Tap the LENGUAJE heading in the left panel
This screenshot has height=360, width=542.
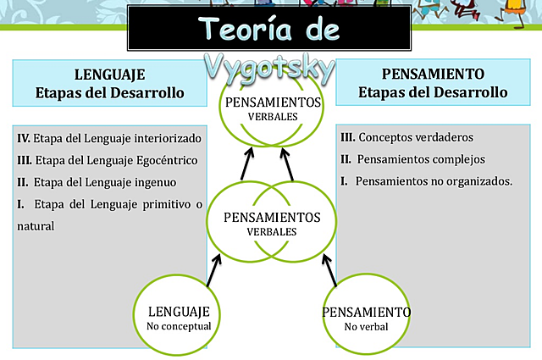110,74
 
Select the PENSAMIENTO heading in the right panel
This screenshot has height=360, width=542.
433,74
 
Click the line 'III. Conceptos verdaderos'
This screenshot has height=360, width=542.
406,137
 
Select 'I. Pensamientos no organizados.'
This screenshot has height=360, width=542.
425,181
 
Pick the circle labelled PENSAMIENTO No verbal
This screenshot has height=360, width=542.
367,318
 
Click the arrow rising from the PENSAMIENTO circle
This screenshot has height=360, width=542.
329,271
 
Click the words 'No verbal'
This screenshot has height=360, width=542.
367,327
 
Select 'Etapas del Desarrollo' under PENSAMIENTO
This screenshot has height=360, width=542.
433,91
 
